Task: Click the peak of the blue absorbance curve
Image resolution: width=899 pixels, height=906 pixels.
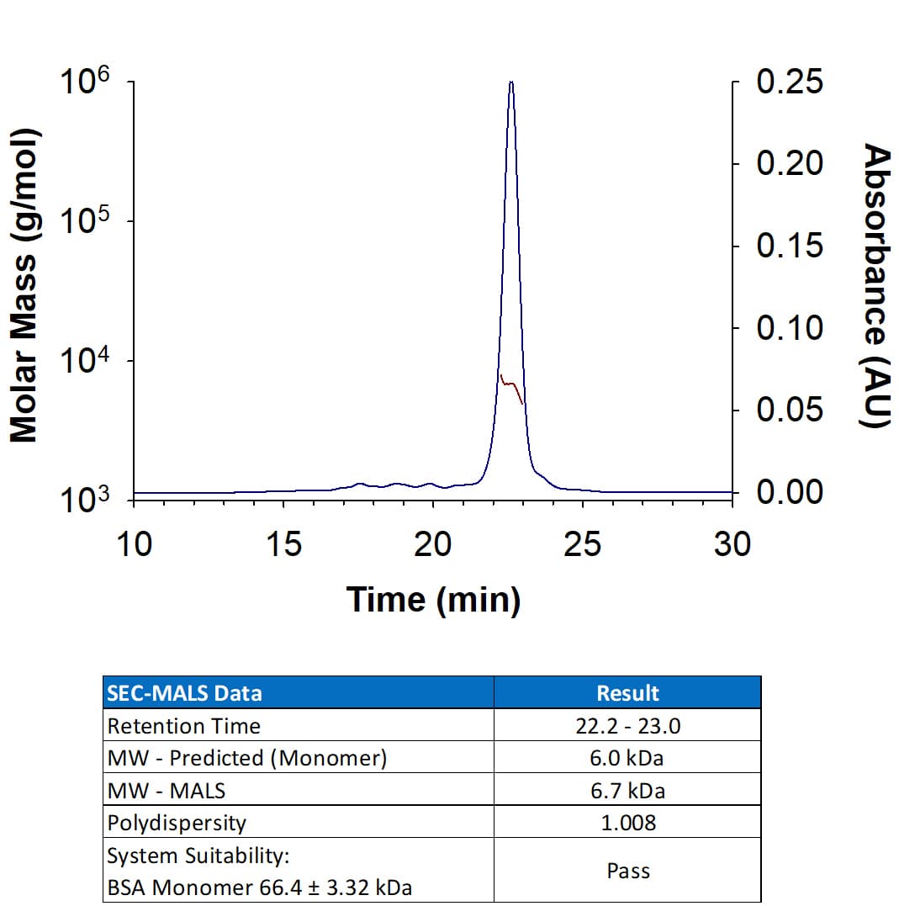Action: tap(511, 83)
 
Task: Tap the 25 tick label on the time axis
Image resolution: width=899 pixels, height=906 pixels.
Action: tap(582, 544)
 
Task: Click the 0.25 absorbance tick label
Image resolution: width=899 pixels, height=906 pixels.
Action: tap(790, 82)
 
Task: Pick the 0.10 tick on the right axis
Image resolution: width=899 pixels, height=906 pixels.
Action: tap(790, 327)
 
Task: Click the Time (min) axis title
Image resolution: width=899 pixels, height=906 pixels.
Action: tap(433, 600)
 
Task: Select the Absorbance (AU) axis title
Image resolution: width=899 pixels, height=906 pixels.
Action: tap(877, 286)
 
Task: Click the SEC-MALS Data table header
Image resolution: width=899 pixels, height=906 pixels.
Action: tap(185, 693)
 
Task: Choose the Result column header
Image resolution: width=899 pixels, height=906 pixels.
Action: tap(627, 693)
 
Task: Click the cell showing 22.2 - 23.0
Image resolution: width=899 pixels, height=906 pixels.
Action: tap(627, 726)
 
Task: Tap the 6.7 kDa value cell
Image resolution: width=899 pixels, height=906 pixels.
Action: tap(627, 791)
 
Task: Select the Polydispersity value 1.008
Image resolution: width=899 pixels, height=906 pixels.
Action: tap(627, 823)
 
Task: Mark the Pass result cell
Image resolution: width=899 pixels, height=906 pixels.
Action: tap(627, 871)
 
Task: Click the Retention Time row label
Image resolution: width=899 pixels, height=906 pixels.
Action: tap(184, 726)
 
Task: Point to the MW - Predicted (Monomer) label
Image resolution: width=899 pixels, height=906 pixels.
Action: tap(247, 758)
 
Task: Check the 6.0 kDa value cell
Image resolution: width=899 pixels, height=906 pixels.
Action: tap(627, 758)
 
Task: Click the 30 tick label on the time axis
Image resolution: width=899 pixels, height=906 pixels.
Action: tap(732, 544)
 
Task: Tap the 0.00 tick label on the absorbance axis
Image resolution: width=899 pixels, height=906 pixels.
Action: tap(790, 491)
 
